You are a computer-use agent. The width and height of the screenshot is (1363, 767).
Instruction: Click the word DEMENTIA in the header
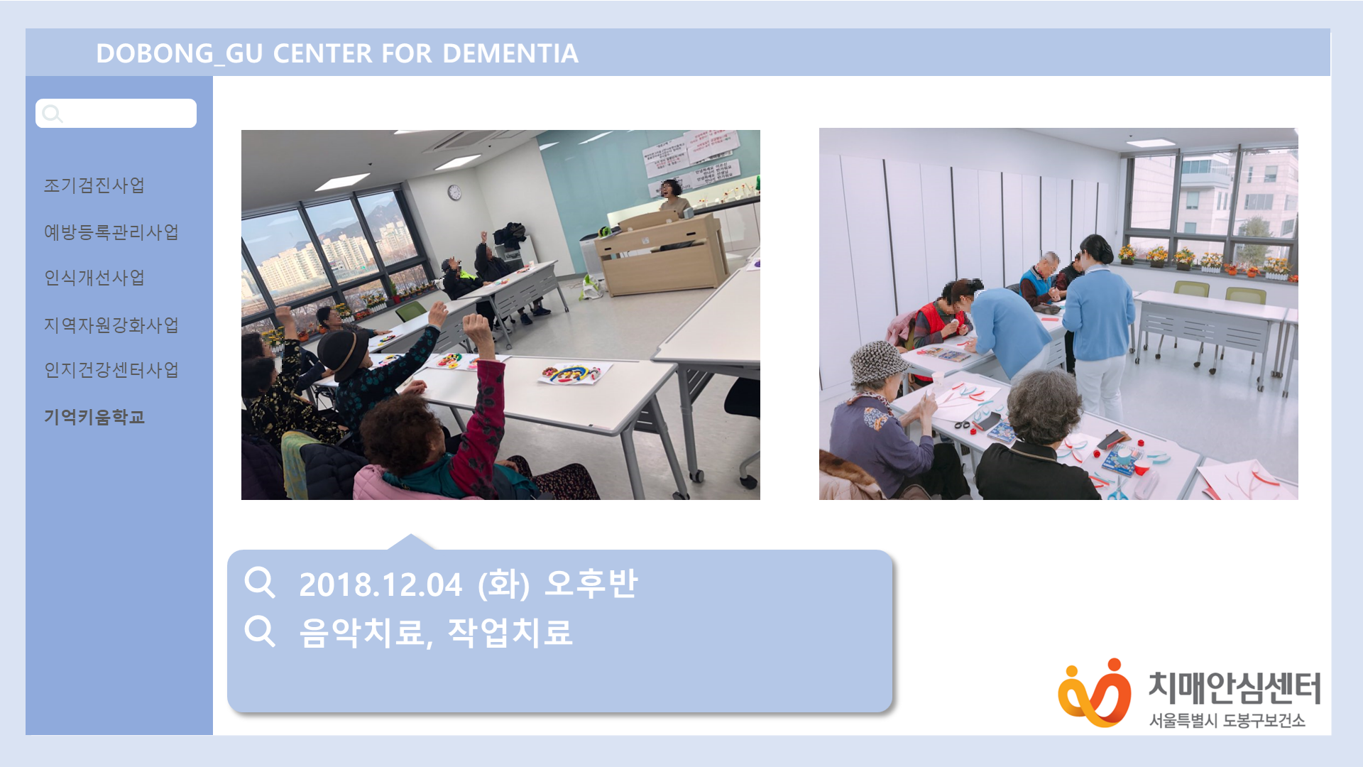click(x=510, y=53)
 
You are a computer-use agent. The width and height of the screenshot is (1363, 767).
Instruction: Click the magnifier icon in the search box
click(x=53, y=114)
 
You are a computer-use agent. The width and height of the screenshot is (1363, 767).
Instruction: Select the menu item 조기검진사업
click(x=94, y=185)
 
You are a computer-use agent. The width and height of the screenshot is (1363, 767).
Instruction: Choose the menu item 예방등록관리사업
click(x=111, y=232)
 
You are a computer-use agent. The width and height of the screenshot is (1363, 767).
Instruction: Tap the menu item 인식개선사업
click(x=94, y=278)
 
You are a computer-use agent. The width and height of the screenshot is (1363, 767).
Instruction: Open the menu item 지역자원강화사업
click(x=111, y=325)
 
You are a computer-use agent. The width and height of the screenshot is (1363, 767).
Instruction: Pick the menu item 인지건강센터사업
click(x=111, y=370)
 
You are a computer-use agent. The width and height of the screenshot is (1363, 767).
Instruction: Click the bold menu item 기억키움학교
click(x=94, y=417)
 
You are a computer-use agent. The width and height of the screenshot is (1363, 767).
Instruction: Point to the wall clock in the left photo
click(x=454, y=192)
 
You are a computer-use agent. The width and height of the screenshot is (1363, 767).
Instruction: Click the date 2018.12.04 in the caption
click(x=381, y=584)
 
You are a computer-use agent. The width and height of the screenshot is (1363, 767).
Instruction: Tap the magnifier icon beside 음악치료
click(x=260, y=631)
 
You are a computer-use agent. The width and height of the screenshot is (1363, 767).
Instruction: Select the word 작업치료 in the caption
click(x=510, y=632)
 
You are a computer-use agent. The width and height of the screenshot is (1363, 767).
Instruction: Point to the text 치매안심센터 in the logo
click(x=1235, y=688)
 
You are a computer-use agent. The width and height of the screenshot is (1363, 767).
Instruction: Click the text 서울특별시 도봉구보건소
click(x=1227, y=721)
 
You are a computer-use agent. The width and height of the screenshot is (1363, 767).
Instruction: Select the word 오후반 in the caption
click(x=591, y=584)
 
